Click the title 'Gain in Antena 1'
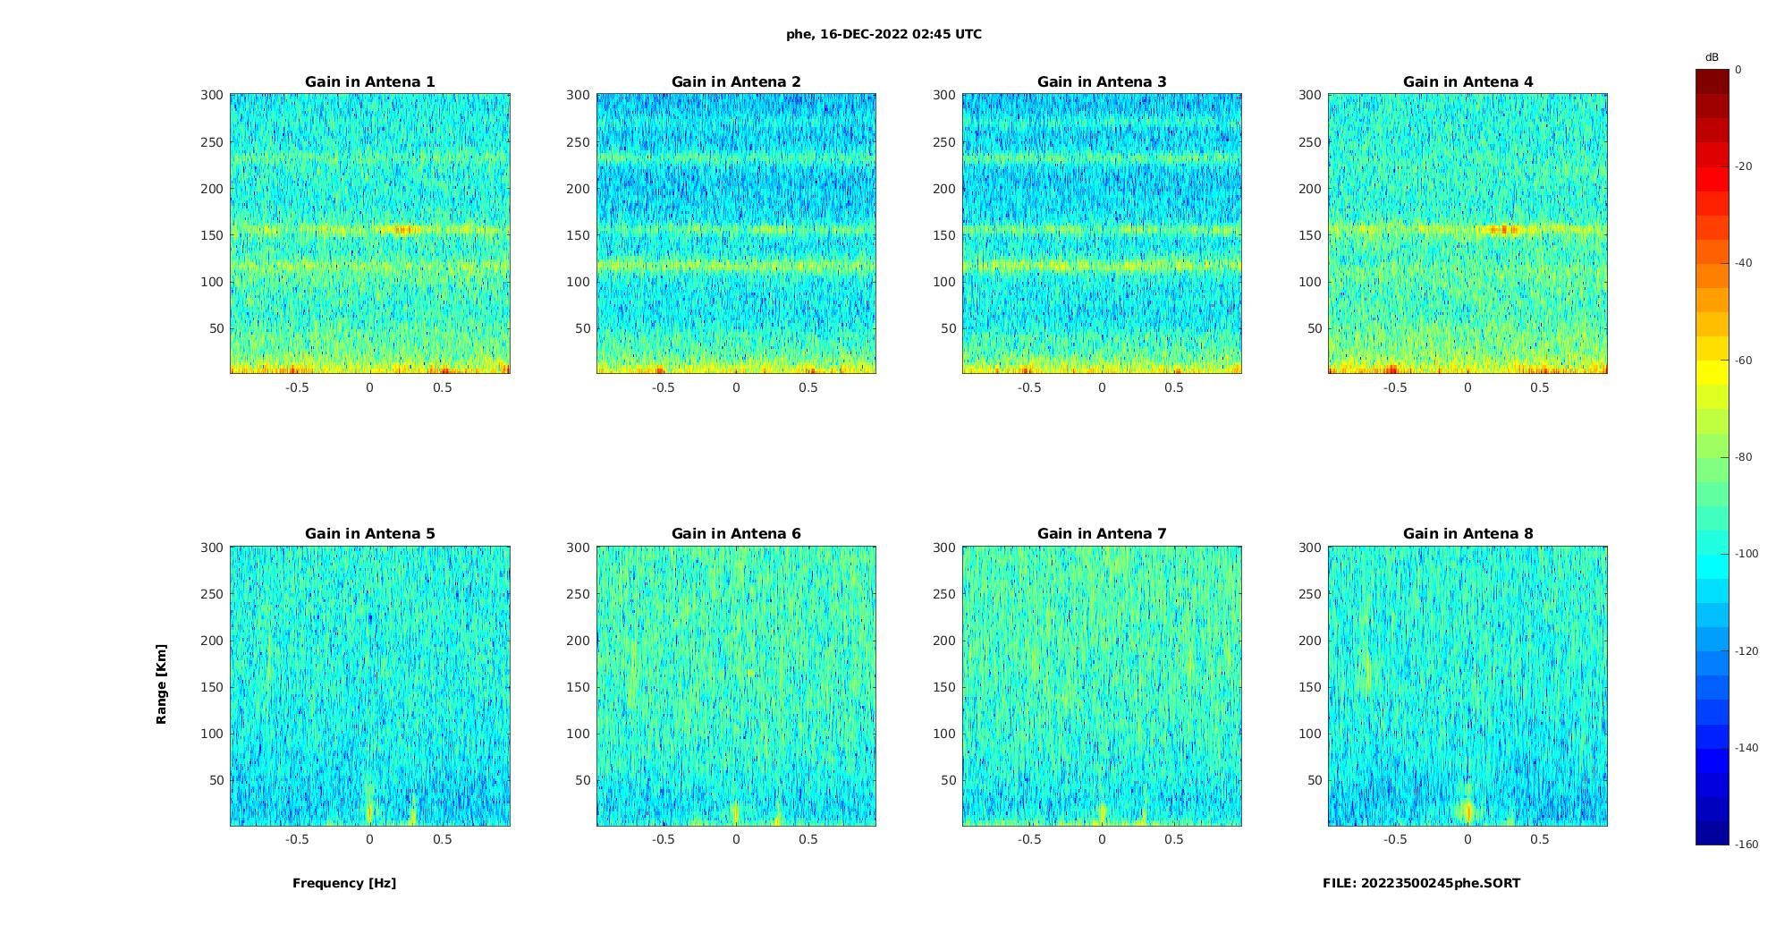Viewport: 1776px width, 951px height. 369,81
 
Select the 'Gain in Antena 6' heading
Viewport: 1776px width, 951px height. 736,533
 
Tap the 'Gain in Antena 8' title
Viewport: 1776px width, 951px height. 1467,533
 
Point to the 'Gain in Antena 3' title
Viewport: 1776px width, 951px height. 1102,81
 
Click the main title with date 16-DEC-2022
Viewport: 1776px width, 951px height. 884,34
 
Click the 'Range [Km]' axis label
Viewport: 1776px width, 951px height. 161,684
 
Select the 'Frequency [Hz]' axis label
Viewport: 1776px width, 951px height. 344,883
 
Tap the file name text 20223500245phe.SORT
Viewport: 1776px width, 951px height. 1421,883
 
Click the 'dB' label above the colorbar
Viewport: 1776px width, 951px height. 1712,57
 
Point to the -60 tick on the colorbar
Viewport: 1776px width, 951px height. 1744,361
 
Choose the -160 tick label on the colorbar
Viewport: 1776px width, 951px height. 1746,845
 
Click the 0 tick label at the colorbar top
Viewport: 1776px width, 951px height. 1738,70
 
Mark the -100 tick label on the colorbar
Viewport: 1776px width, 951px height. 1746,554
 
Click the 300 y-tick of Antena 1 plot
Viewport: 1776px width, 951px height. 212,95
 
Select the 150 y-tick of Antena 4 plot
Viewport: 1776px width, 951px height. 1310,235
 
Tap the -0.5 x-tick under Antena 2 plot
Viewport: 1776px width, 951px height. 663,387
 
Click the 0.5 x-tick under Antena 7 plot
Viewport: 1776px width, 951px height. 1174,839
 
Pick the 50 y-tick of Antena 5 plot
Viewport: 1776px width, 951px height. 216,780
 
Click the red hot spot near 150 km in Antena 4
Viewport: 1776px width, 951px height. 1504,230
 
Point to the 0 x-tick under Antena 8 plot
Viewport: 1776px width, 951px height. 1467,839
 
